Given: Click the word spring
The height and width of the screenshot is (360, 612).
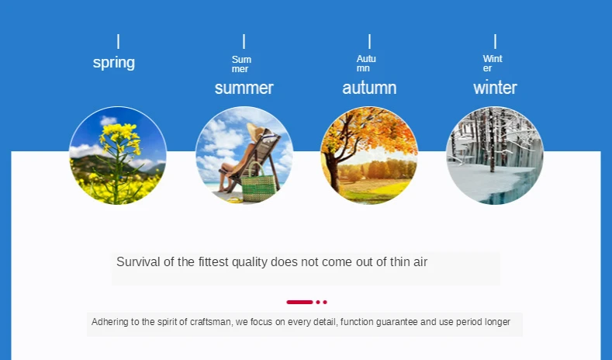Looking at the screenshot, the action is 114,63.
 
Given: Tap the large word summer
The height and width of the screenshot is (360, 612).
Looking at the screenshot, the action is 244,88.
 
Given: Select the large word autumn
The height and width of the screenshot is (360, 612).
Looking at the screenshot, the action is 369,88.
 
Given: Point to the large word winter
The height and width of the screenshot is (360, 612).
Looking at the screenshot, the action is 495,88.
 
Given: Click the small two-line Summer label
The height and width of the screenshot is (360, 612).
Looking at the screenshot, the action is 241,64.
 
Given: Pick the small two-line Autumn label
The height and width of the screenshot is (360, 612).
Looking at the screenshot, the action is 365,64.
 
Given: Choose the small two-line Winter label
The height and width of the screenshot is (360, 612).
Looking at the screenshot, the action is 493,64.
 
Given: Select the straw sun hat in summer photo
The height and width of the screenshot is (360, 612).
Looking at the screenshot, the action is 256,132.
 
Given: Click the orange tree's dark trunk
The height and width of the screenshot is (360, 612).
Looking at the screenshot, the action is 333,171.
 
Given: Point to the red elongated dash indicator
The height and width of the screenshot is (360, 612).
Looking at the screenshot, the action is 299,302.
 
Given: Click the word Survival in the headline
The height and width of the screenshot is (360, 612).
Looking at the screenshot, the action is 138,261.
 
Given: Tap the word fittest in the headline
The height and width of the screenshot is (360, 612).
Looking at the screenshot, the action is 213,261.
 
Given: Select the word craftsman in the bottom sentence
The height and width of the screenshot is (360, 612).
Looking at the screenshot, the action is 210,322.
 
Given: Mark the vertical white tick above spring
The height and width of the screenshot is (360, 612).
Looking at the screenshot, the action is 118,41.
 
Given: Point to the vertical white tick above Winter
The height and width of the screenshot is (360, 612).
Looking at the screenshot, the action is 495,41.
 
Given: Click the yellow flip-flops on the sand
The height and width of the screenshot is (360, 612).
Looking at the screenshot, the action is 235,200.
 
